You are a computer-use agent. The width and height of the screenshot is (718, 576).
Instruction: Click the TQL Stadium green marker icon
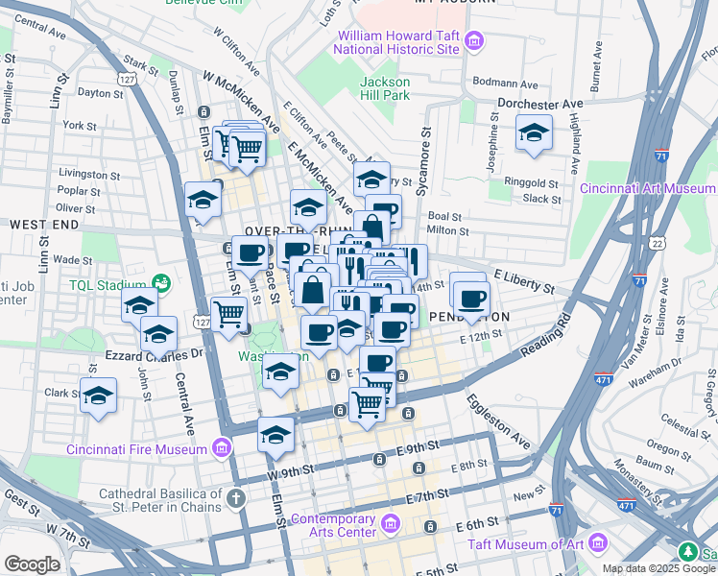[161, 285]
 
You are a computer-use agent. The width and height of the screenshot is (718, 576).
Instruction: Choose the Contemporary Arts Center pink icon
[390, 524]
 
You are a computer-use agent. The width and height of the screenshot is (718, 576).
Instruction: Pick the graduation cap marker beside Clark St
[98, 395]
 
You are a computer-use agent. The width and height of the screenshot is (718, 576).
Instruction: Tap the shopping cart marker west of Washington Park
[228, 313]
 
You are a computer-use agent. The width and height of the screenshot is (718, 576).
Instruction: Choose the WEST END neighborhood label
[43, 224]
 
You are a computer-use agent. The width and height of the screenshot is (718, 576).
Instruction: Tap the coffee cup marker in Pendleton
[470, 297]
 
